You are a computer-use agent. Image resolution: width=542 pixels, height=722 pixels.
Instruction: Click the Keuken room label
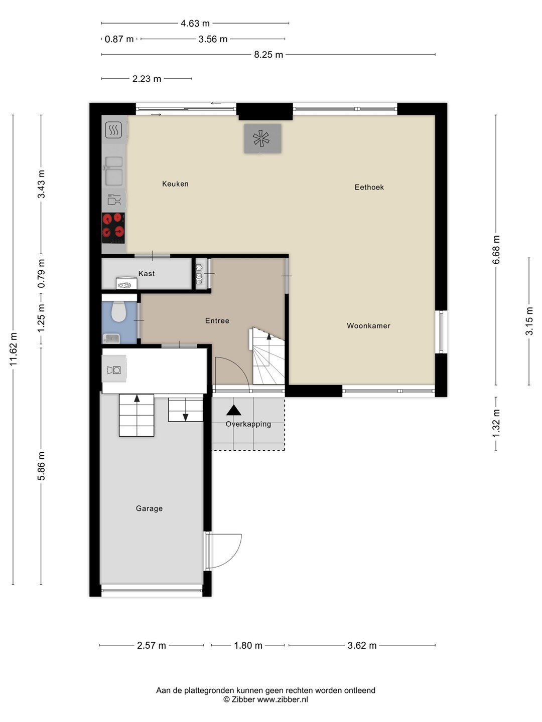(175, 184)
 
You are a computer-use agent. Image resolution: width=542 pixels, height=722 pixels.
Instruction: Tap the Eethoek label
(369, 187)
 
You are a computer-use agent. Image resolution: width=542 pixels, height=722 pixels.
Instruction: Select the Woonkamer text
(368, 325)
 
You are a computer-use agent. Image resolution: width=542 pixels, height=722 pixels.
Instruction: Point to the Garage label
(149, 508)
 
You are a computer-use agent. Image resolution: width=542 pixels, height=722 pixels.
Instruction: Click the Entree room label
(217, 321)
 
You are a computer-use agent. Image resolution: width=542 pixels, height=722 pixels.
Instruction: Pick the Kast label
(147, 273)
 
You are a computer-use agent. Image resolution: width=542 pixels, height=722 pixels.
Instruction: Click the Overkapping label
(248, 424)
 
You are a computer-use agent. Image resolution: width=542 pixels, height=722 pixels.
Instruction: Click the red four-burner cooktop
(113, 228)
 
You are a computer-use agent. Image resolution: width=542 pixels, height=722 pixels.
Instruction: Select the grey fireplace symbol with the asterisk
(262, 138)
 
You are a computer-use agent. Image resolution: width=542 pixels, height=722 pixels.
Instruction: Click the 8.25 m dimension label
(268, 55)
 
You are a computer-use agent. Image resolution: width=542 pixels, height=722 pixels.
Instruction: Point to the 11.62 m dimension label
(13, 349)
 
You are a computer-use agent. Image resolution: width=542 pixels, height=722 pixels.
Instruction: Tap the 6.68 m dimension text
(496, 250)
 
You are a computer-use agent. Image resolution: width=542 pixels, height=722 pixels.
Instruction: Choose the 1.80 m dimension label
(248, 645)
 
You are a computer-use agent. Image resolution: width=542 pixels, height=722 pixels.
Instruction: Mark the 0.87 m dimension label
(119, 39)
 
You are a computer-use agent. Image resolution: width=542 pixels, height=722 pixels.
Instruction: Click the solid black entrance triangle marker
(234, 410)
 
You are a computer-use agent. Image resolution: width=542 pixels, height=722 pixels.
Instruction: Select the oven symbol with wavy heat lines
(113, 129)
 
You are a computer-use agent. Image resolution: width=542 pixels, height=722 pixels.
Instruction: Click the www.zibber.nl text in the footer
(283, 699)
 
